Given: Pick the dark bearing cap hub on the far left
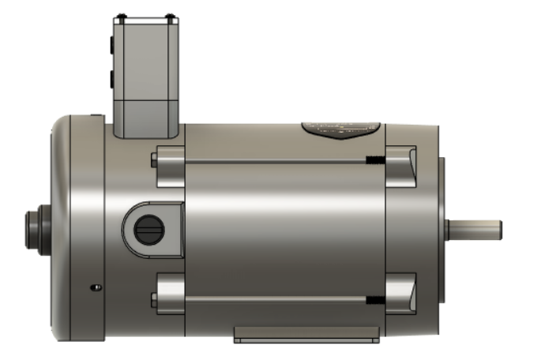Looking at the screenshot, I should click(35, 228).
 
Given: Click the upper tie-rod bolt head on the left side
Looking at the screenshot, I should click(153, 161).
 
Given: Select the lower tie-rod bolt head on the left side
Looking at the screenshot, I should click(153, 299).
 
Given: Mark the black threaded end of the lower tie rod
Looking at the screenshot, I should click(375, 300).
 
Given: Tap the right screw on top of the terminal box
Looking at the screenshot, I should click(169, 17).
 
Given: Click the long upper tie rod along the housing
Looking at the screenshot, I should click(276, 161).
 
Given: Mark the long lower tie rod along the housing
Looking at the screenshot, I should click(276, 299).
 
